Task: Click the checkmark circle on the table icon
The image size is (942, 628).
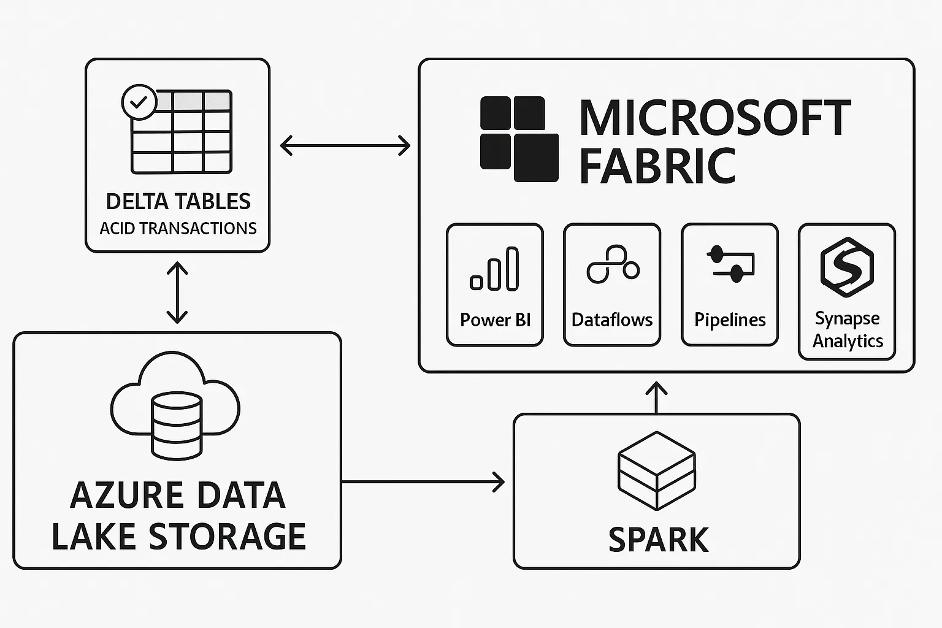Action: point(140,102)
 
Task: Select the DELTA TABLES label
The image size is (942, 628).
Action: point(178,202)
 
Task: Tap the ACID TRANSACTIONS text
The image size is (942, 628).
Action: point(178,228)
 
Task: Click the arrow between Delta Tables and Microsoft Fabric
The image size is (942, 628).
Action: point(345,146)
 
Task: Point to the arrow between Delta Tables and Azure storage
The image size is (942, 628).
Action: point(177,293)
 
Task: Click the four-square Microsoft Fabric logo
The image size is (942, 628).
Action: point(519,139)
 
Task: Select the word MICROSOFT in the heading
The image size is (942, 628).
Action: point(715,118)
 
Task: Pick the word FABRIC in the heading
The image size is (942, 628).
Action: point(657,166)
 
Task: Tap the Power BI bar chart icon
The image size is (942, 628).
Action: point(494,269)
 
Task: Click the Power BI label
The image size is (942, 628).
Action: point(495,320)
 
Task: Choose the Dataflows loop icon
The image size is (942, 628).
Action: point(613,265)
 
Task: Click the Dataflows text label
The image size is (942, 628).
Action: point(612,320)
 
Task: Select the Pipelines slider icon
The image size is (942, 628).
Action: point(730,264)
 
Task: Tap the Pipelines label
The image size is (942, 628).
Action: point(730,320)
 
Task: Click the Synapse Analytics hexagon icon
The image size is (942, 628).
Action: point(847,267)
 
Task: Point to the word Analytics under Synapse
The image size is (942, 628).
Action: point(848,341)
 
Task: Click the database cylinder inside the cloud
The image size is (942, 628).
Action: point(177,426)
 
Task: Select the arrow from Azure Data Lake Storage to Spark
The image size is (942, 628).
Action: point(423,482)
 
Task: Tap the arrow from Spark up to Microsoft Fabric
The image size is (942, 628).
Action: point(657,397)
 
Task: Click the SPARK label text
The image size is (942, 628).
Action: point(658,540)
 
